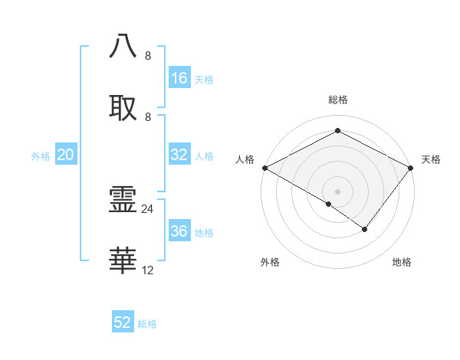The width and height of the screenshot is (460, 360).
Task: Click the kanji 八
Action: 123,46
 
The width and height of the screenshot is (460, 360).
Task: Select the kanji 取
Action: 123,108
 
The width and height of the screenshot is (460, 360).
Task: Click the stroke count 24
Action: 148,208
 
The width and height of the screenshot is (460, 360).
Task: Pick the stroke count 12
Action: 148,270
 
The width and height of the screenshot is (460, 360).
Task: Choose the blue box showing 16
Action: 179,78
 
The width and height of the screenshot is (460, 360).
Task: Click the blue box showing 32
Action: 179,155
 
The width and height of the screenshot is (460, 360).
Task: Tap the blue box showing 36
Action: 179,231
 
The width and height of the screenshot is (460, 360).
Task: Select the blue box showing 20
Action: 66,155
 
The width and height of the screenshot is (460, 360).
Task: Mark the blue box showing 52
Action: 123,322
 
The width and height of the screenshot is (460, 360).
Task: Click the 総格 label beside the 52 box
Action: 147,324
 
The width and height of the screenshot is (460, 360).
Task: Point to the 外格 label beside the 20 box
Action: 41,156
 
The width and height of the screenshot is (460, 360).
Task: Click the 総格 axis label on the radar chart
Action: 338,100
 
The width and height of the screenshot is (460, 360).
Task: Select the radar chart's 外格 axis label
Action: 270,262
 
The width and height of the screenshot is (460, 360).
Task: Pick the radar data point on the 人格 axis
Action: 264,168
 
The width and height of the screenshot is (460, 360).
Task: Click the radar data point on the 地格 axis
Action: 365,229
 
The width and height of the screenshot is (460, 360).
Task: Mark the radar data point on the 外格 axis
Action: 329,204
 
